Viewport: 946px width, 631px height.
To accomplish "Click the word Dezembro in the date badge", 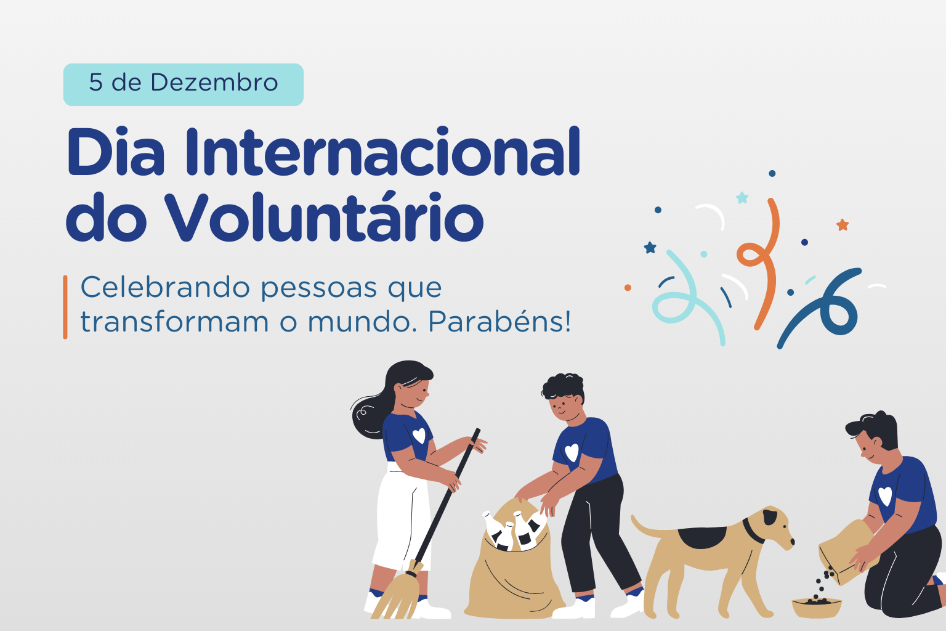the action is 214,83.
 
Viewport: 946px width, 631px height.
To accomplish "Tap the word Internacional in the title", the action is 382,151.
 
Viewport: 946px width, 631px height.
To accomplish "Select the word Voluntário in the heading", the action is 324,217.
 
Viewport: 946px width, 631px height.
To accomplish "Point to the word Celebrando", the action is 166,287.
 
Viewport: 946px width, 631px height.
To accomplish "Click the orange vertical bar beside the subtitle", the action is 65,307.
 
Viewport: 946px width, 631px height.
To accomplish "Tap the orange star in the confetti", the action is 843,225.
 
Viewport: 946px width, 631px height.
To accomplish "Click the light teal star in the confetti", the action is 742,197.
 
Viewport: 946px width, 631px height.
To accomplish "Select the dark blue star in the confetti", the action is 650,247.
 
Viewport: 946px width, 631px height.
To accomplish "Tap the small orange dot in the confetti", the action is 628,288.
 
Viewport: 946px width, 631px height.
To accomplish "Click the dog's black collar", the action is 753,531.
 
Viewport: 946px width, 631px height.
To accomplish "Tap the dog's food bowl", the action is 816,608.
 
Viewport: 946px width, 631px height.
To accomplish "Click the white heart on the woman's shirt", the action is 419,435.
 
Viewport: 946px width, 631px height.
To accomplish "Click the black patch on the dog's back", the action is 701,537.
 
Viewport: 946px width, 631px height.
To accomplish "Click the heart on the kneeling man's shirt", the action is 885,496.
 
